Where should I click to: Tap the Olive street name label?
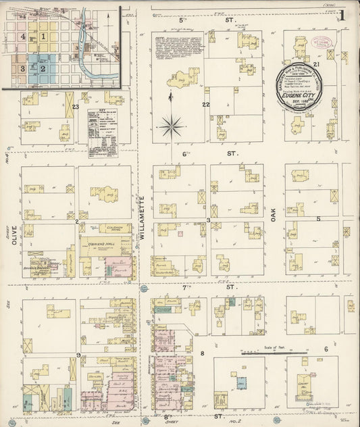pos(11,242)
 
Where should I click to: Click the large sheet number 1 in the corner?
pos(343,16)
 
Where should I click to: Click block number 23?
pos(76,107)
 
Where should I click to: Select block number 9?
pos(78,355)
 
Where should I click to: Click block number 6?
pos(326,349)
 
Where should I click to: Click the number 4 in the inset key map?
pos(23,36)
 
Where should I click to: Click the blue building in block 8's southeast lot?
pos(240,382)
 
